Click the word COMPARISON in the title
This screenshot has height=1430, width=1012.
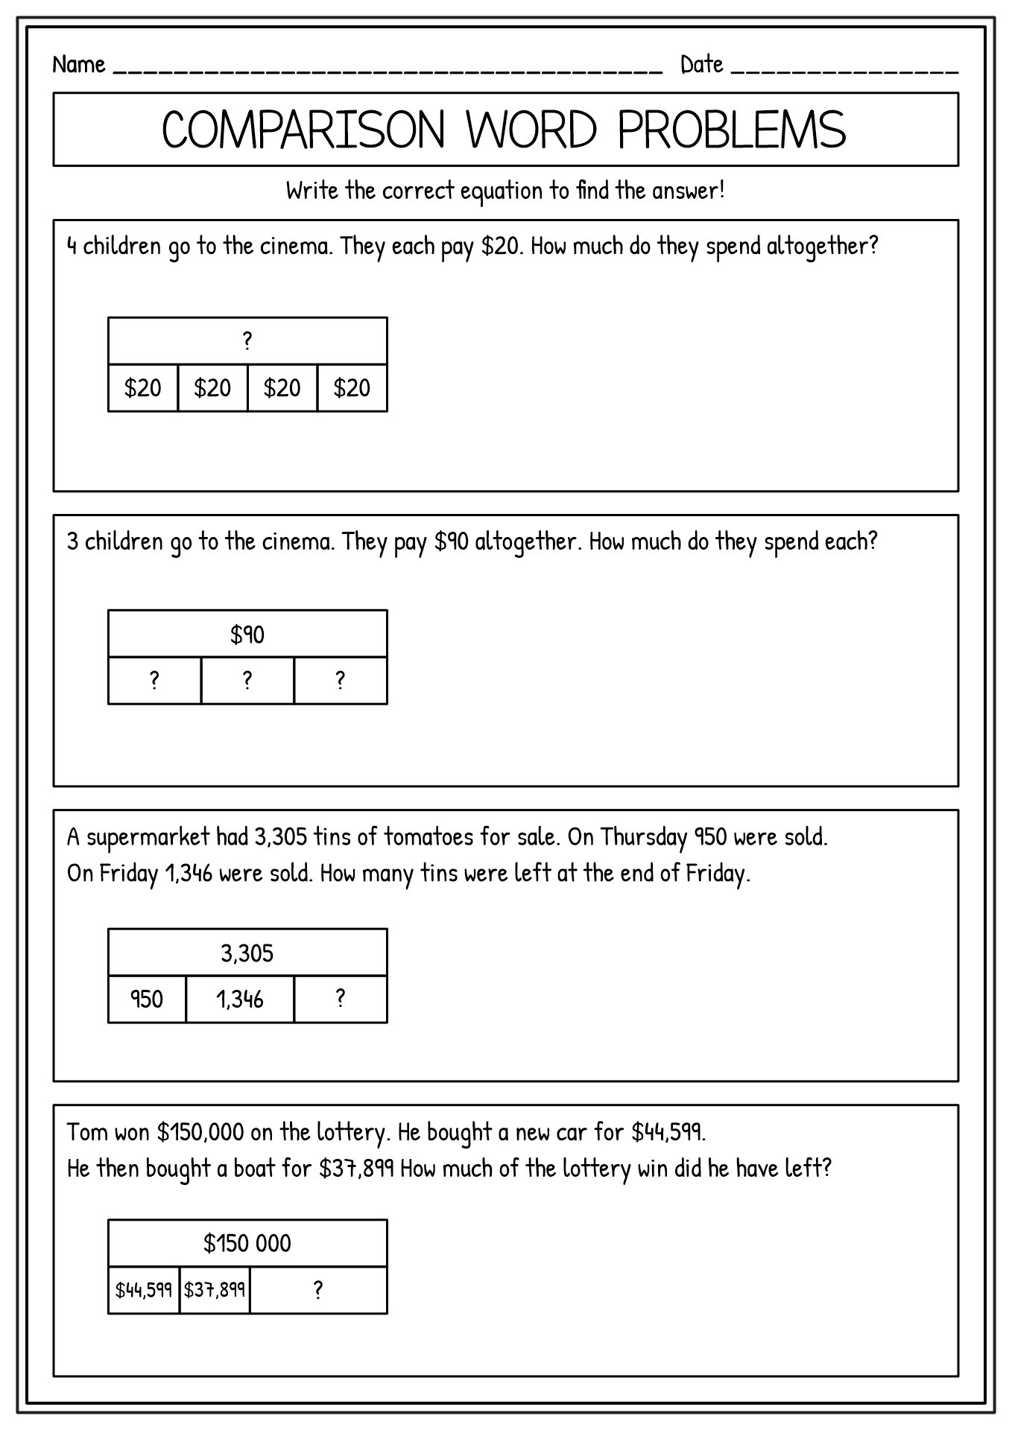(303, 130)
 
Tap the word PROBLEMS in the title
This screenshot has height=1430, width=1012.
(732, 130)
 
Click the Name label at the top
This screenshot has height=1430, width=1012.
(78, 65)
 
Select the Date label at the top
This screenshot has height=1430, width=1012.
(701, 65)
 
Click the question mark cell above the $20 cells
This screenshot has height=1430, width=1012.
(247, 341)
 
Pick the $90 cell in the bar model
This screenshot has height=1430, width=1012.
(247, 635)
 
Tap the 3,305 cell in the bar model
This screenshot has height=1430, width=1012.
(247, 953)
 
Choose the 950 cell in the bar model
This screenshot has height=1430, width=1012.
(147, 999)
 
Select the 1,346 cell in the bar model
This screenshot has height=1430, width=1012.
(240, 999)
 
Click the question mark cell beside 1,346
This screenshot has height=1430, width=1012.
(341, 999)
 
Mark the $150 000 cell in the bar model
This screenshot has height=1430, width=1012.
(247, 1243)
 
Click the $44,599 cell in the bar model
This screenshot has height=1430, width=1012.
(144, 1289)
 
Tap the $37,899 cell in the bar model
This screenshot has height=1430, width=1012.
(215, 1289)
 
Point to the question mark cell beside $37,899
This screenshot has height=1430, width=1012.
(318, 1289)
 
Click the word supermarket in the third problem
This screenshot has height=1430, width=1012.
(148, 838)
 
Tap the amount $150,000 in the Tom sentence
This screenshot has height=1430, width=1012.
(200, 1133)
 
